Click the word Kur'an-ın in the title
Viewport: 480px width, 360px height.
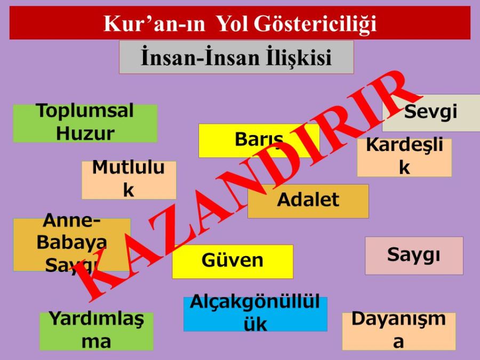point(154,23)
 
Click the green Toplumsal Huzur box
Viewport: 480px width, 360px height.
point(85,123)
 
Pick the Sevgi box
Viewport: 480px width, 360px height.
point(431,113)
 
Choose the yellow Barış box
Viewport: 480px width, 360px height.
point(259,140)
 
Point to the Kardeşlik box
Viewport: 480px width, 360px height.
point(404,157)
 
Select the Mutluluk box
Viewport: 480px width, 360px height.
point(129,180)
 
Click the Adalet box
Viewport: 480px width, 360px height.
point(308,201)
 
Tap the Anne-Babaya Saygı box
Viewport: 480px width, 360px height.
point(71,245)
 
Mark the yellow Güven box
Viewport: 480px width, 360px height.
point(233,261)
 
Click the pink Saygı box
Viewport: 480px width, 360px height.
point(414,255)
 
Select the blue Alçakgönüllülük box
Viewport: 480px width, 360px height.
point(255,314)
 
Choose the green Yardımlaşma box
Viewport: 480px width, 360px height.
point(97,331)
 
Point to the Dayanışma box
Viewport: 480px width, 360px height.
point(398,331)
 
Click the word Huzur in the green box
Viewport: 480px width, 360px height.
point(85,133)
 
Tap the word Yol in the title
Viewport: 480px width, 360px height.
point(232,23)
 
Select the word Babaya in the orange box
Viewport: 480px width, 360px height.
point(71,243)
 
